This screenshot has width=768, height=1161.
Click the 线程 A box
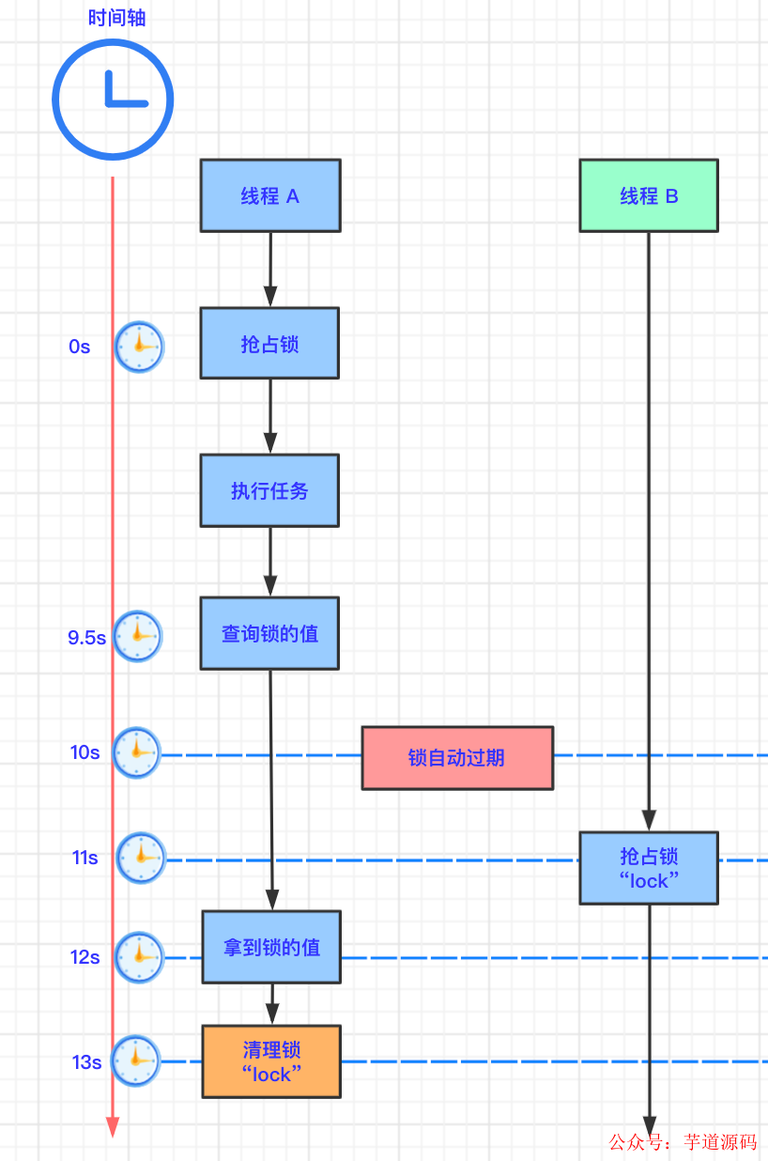tap(270, 195)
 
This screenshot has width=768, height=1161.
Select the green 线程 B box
tap(649, 195)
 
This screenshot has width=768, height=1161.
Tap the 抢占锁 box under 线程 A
tap(269, 344)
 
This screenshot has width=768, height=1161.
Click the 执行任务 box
tap(269, 491)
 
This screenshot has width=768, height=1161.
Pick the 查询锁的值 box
tap(269, 634)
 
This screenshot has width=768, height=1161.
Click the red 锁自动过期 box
tap(457, 757)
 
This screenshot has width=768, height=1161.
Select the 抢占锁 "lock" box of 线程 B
tap(649, 868)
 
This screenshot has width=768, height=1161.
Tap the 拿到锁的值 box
tap(271, 947)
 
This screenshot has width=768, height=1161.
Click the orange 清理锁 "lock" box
tap(271, 1061)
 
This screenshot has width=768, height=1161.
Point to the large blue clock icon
tap(113, 99)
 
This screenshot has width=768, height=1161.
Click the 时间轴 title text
tap(117, 18)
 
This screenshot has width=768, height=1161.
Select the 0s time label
tap(80, 347)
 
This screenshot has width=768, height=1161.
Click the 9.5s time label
tap(86, 638)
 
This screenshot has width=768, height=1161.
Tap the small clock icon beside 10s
tap(137, 752)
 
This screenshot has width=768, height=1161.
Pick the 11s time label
tap(84, 858)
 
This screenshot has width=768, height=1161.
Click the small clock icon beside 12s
tap(139, 957)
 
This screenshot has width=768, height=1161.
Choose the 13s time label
tap(86, 1062)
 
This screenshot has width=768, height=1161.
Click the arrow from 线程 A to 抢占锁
tap(270, 270)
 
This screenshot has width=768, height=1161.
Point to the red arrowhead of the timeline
tap(113, 1127)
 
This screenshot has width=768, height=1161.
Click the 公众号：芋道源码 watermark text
tap(683, 1142)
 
